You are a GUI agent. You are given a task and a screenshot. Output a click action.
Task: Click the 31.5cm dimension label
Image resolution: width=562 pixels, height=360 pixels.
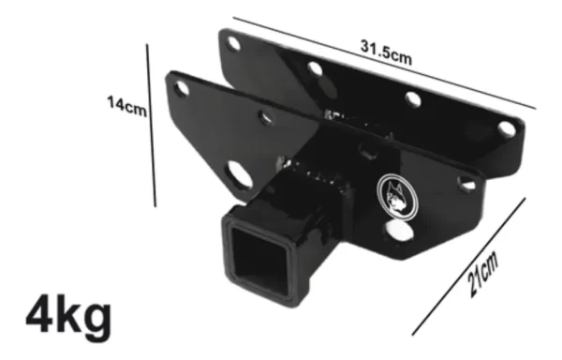[x=387, y=50]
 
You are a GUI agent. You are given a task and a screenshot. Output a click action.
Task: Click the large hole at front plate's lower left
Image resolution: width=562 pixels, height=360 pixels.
[x=237, y=174]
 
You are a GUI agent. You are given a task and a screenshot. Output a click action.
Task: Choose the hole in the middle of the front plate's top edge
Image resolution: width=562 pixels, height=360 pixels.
[x=267, y=118]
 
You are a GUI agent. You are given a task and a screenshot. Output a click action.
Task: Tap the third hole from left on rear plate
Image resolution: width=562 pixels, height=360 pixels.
[x=413, y=99]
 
